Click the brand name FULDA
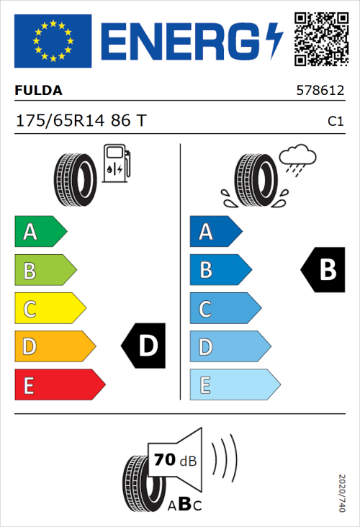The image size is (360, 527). pos(39,91)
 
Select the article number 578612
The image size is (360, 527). pos(320,91)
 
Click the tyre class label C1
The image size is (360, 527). pos(335,122)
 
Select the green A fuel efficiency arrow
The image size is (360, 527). pos(40,232)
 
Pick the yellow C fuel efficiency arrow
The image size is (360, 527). pos(49,308)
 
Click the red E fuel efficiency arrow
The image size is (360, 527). pos(59,384)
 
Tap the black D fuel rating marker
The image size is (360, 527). pos(143,346)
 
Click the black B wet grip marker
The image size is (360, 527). pos(323,270)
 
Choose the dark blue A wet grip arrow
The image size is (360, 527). pos(215,232)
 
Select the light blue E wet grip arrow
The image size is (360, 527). pos(234,384)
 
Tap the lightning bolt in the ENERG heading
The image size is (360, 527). pos(274,41)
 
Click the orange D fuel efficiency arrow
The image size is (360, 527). pos(54,346)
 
